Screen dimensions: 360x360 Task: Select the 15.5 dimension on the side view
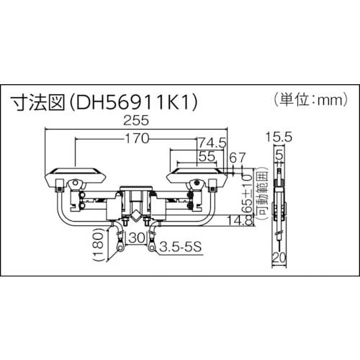coord(280,135)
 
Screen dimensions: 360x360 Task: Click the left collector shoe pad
coord(78,175)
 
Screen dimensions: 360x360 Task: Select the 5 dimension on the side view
coord(280,153)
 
